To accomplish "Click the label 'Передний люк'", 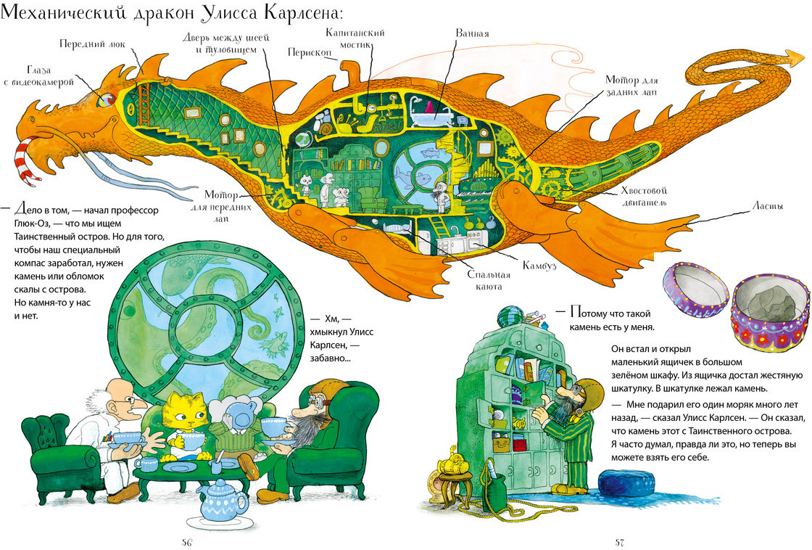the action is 92,44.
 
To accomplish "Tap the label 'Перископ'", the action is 309,53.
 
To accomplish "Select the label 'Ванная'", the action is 472,33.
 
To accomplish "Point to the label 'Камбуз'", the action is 539,266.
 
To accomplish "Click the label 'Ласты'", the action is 768,206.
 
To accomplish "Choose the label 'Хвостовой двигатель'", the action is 644,197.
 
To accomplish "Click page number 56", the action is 187,542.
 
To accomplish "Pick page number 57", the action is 619,542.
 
